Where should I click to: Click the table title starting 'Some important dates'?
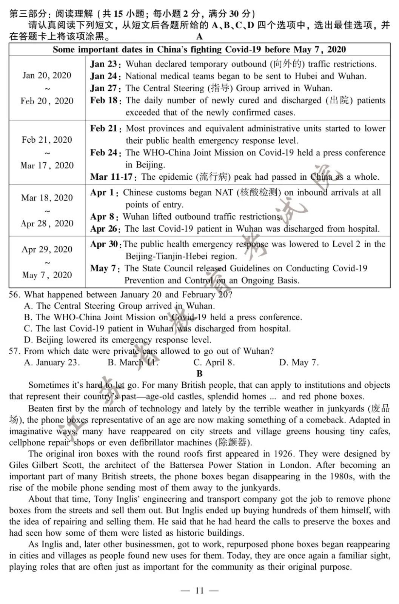(x=199, y=49)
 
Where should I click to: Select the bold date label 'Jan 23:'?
(x=105, y=64)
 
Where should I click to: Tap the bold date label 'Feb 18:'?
(x=105, y=100)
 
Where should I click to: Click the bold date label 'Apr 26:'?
(x=105, y=229)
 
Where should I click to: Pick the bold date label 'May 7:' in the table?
(x=105, y=268)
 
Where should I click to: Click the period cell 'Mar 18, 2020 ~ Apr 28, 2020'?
(x=47, y=211)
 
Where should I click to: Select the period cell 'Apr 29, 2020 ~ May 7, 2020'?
(x=47, y=262)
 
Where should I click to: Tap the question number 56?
(x=14, y=294)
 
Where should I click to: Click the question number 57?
(x=14, y=351)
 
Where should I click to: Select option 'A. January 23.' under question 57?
(x=52, y=362)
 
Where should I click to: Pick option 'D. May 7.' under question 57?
(x=299, y=362)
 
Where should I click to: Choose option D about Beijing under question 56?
(x=117, y=340)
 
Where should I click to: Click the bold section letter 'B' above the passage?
(x=200, y=373)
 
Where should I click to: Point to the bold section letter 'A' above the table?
(x=199, y=37)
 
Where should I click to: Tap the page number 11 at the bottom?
(x=199, y=590)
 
